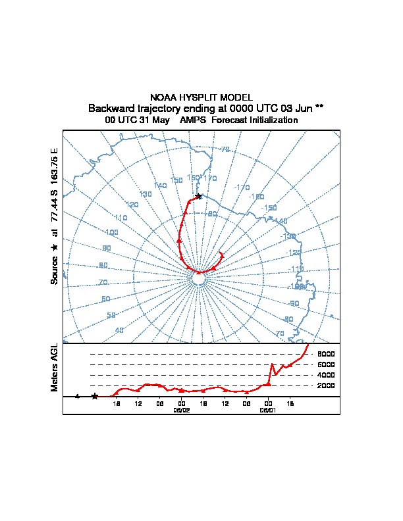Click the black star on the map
(x=199, y=195)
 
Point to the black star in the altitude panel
(x=95, y=396)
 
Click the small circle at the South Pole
(x=198, y=279)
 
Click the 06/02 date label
(x=182, y=409)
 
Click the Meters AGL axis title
(x=55, y=367)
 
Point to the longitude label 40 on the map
(x=119, y=330)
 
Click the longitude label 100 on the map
(x=111, y=232)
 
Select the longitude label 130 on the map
(x=146, y=194)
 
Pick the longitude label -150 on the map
(x=269, y=208)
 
